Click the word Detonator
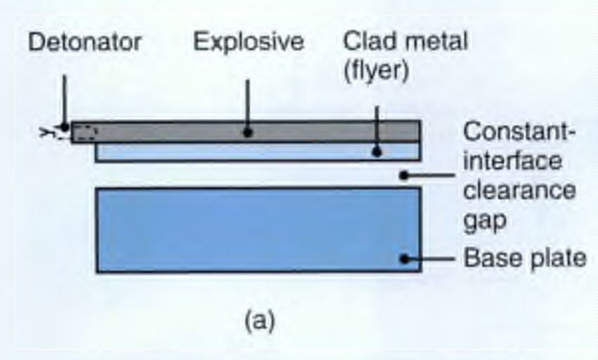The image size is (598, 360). (x=85, y=42)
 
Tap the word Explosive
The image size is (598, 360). (x=249, y=42)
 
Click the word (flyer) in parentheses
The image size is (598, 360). (x=376, y=71)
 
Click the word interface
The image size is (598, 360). (x=513, y=161)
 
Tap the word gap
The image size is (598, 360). (x=485, y=221)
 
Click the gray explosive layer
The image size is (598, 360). (x=176, y=131)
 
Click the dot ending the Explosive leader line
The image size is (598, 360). (x=248, y=131)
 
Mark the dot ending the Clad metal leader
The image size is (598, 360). (x=377, y=150)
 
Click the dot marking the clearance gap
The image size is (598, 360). (x=403, y=174)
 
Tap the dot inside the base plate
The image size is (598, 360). (x=405, y=258)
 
